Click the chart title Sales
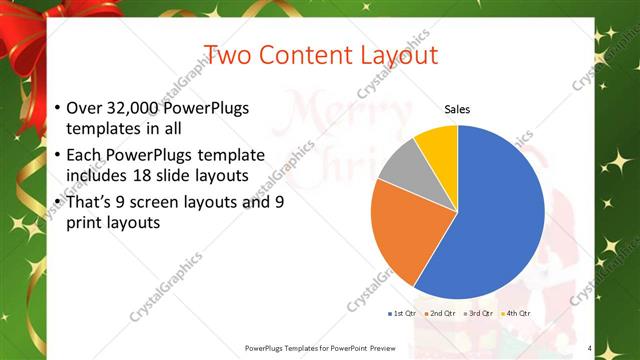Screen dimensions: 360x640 point(457,109)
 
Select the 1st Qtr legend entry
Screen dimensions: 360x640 point(402,313)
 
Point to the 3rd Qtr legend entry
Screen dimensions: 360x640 point(478,313)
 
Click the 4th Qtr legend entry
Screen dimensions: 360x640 point(516,313)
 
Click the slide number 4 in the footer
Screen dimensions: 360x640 point(589,348)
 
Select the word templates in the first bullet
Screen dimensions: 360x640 point(100,129)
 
